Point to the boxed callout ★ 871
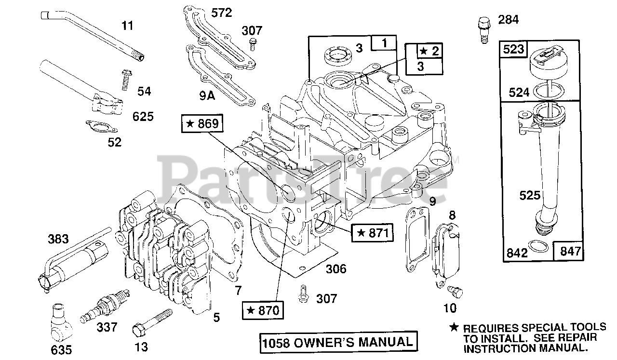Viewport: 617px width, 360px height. click(373, 233)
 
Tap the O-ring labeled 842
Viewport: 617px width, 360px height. click(538, 247)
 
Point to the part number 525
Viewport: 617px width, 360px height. click(531, 195)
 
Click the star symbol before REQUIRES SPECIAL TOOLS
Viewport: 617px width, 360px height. click(453, 327)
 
